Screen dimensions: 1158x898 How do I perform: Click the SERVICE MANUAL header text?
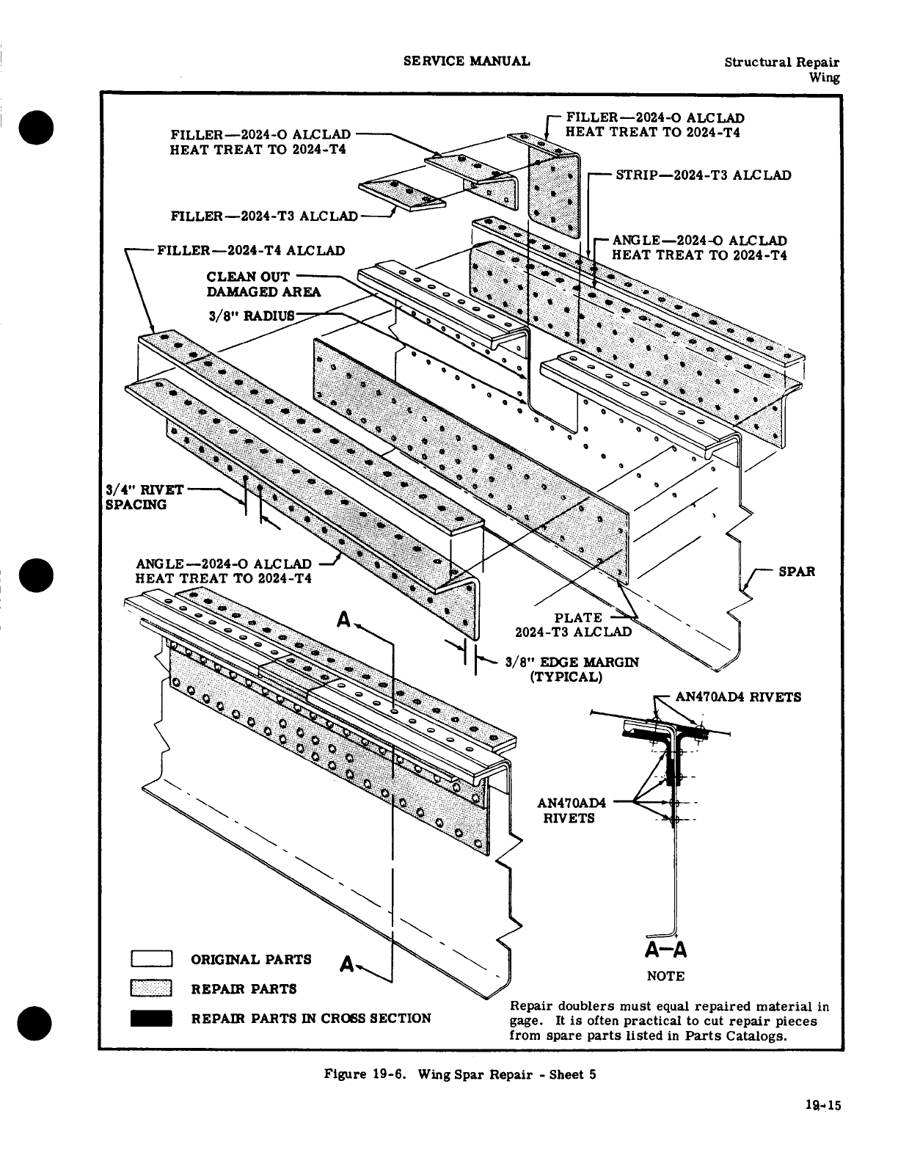[x=467, y=61]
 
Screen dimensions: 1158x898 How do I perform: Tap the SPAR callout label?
[x=797, y=571]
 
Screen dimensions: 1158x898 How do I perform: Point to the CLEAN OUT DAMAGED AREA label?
[x=263, y=284]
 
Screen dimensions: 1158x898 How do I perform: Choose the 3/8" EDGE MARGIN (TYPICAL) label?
[x=572, y=669]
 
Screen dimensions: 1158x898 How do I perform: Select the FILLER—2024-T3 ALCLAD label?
[x=264, y=216]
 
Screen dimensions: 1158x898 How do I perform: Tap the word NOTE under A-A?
[x=665, y=976]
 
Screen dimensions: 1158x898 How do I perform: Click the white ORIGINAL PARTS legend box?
[x=151, y=960]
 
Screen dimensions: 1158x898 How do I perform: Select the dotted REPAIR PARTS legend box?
[x=151, y=988]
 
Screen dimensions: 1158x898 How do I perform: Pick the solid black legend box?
[x=151, y=1018]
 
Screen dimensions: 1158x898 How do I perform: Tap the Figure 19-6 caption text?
[x=460, y=1075]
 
